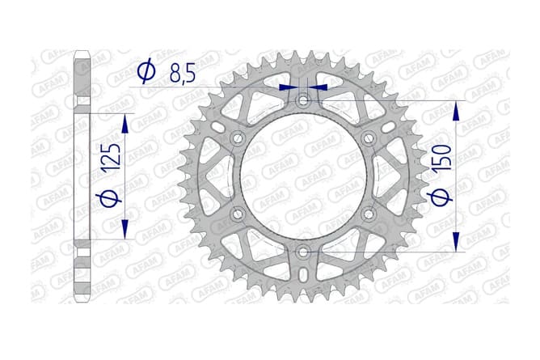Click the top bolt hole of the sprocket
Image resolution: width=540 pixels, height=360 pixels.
pyautogui.click(x=302, y=101)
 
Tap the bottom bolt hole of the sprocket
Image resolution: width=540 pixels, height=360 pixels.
pyautogui.click(x=302, y=252)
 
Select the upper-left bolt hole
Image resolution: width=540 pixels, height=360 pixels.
pyautogui.click(x=237, y=139)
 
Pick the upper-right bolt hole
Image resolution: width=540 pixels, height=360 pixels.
pyautogui.click(x=368, y=139)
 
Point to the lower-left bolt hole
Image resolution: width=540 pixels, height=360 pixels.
pyautogui.click(x=237, y=214)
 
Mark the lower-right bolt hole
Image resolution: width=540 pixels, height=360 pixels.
pyautogui.click(x=368, y=214)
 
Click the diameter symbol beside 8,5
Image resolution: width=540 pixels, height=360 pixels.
pyautogui.click(x=147, y=73)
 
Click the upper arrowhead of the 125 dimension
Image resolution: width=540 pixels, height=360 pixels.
pyautogui.click(x=124, y=123)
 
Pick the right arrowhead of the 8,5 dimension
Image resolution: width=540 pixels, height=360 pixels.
pyautogui.click(x=319, y=86)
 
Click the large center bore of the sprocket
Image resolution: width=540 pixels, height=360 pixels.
pyautogui.click(x=302, y=176)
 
